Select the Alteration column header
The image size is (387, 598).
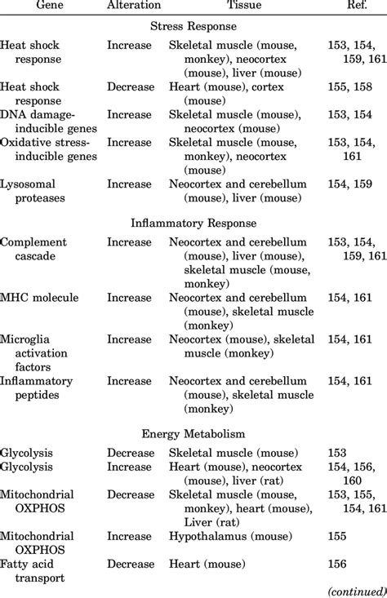[x=134, y=7]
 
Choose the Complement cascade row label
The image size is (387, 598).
[x=33, y=250]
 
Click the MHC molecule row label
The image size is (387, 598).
[x=39, y=297]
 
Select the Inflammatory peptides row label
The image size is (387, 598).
[x=37, y=388]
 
